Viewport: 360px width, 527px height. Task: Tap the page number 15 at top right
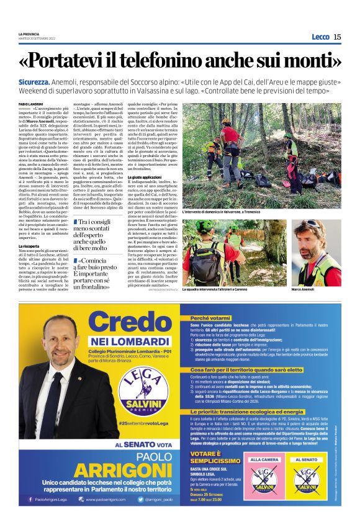(337, 37)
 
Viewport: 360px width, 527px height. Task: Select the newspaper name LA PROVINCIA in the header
(29, 33)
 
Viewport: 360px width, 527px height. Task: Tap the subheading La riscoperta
(29, 247)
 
